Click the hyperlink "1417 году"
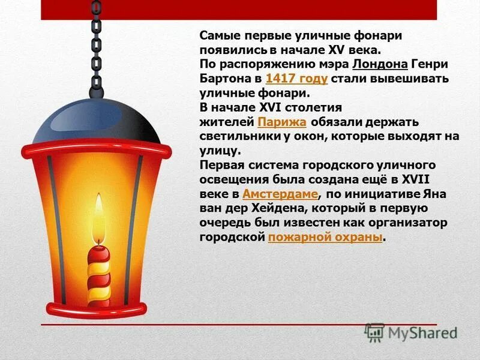296,79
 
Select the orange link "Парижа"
282,122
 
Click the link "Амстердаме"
280,194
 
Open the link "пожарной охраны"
325,237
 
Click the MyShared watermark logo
411,332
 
